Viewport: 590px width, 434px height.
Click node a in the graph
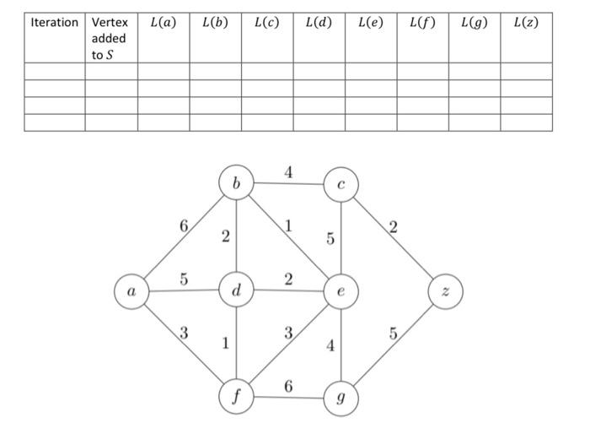(x=131, y=291)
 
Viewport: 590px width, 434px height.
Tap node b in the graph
(x=236, y=182)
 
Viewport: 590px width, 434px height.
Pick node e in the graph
(x=340, y=291)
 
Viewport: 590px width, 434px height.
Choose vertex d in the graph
(x=236, y=291)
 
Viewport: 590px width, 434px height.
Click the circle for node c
(x=340, y=182)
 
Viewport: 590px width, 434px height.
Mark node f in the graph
(x=236, y=395)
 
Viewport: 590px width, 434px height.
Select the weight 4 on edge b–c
(x=288, y=172)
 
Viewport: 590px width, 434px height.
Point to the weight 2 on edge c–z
(x=393, y=226)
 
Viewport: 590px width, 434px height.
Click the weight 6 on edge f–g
(x=288, y=386)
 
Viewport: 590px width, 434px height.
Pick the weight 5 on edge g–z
(x=393, y=335)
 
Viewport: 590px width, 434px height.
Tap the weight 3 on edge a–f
(x=183, y=332)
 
